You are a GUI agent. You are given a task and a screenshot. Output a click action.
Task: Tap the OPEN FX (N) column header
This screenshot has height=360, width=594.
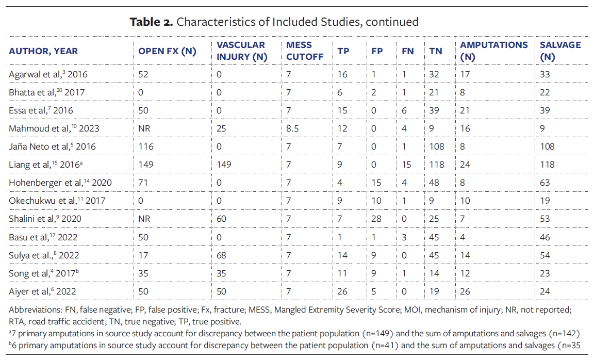tap(168, 51)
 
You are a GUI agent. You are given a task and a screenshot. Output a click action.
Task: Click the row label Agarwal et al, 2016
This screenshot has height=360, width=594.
tap(48, 74)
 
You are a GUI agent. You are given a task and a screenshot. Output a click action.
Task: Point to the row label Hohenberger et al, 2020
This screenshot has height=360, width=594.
tap(60, 183)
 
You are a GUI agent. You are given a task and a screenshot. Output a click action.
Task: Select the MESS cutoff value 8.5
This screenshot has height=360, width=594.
tap(293, 128)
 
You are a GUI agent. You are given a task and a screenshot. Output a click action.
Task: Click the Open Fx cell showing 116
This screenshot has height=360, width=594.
tap(146, 146)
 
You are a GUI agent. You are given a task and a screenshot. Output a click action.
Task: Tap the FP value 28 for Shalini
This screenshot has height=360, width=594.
tap(376, 219)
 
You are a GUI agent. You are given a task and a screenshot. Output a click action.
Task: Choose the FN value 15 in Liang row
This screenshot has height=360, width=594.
tap(407, 165)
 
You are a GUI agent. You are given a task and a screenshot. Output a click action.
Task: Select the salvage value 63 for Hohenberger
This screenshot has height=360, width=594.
tap(545, 183)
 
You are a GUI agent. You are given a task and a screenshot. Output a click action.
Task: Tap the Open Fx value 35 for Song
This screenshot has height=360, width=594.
tap(143, 273)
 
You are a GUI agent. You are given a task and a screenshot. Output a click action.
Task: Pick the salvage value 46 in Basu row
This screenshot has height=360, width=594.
tap(545, 237)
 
